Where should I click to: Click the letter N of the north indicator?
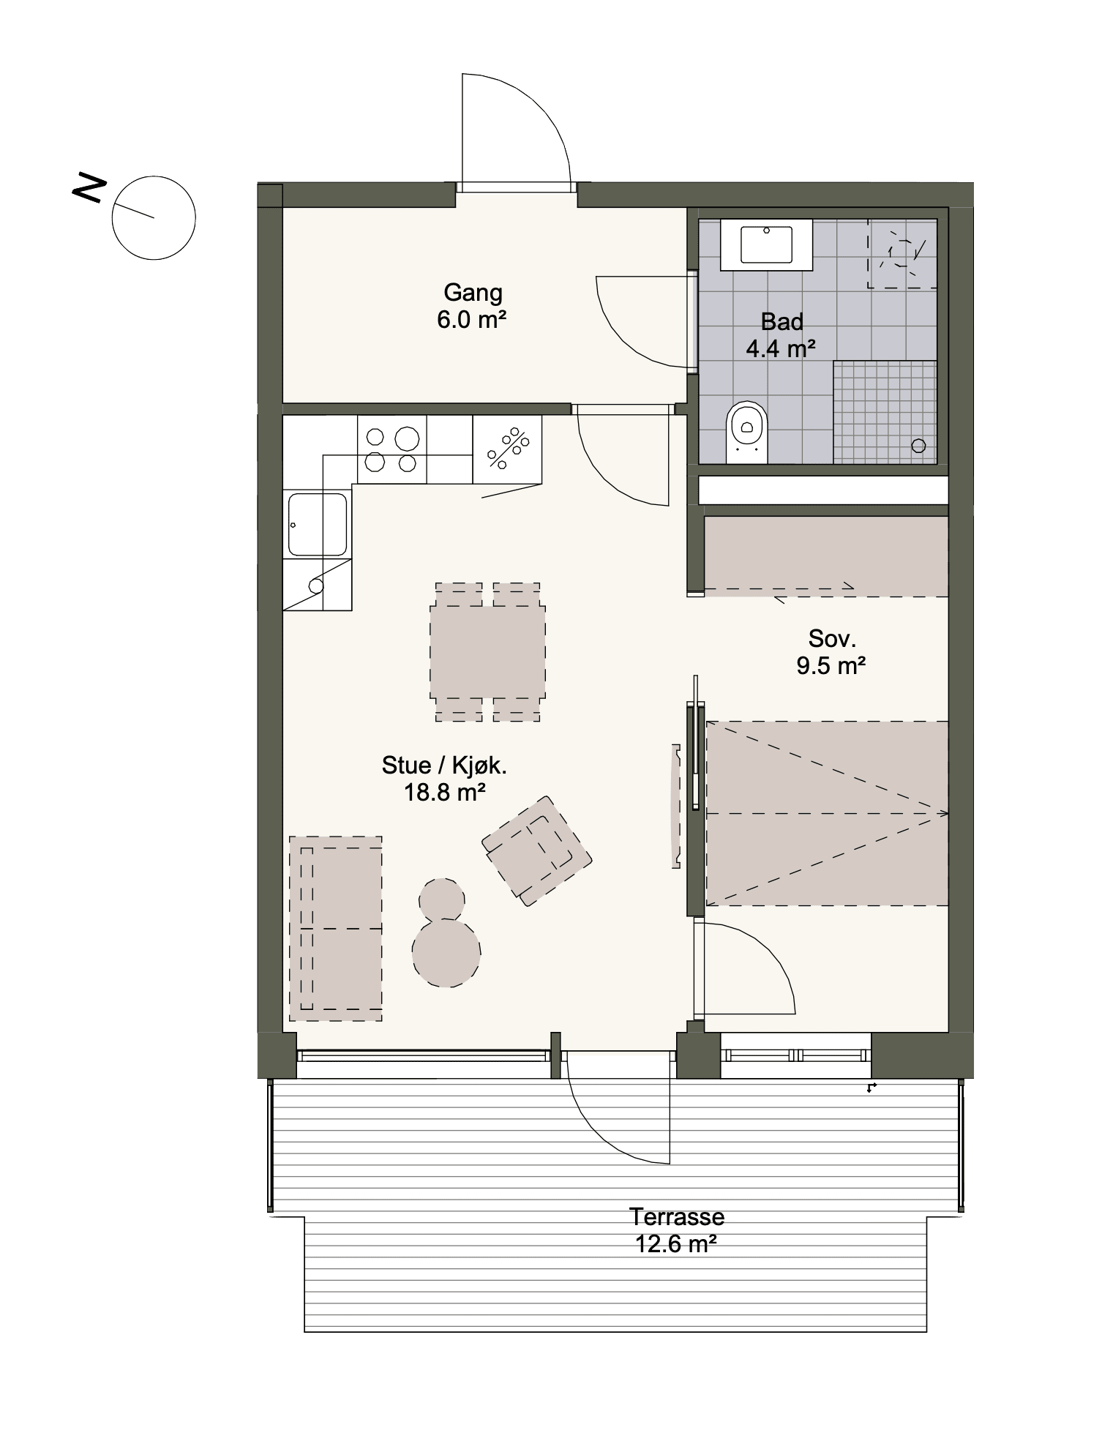[x=88, y=188]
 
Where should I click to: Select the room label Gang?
[x=473, y=293]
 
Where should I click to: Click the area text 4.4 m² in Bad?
[x=781, y=348]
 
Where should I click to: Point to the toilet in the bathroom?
[x=746, y=431]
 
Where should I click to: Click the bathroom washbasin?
[x=766, y=244]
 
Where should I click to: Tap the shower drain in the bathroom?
[x=919, y=445]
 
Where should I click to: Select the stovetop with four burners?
[x=391, y=449]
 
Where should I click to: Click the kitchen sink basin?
[x=318, y=524]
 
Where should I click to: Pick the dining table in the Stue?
[x=487, y=653]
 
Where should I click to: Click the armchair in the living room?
[x=536, y=850]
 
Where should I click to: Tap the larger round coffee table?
[x=446, y=953]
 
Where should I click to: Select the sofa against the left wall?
[x=336, y=928]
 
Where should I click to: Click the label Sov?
[x=832, y=638]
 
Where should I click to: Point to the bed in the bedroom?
[x=827, y=813]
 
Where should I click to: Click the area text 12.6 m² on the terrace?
[x=675, y=1243]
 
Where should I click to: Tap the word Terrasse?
[x=677, y=1217]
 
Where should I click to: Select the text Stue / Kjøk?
[x=444, y=766]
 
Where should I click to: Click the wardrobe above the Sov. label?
[x=826, y=556]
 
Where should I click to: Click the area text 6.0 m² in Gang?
[x=472, y=320]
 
